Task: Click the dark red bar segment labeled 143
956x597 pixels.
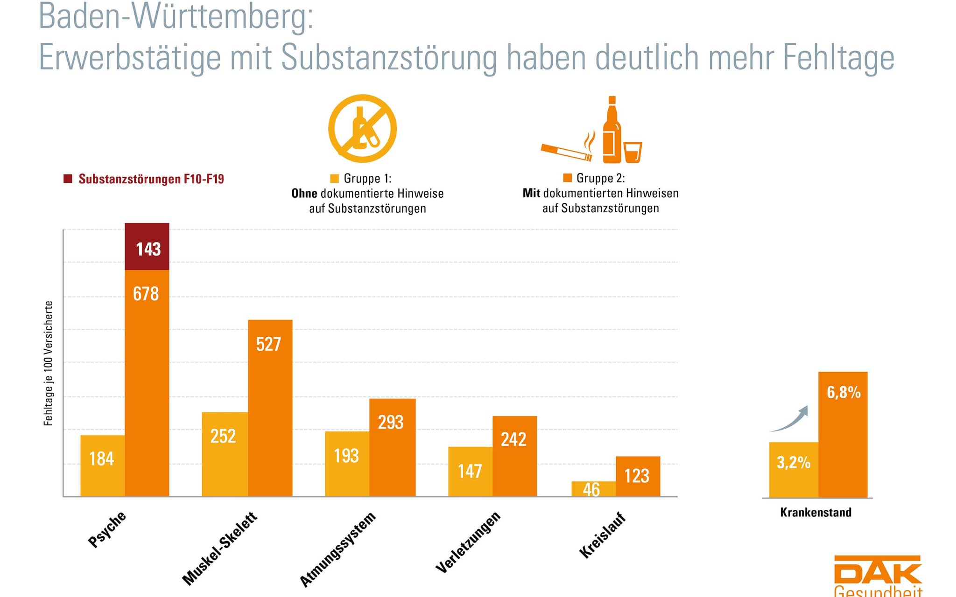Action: coord(147,247)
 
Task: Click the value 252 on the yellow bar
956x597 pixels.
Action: coord(224,437)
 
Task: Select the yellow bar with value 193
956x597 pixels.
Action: coord(347,464)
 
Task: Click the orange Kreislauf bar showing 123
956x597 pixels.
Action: coord(638,476)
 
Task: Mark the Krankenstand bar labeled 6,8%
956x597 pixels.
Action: coord(843,434)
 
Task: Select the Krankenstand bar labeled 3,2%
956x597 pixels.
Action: coord(794,469)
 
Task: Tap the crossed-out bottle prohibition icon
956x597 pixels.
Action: coord(362,128)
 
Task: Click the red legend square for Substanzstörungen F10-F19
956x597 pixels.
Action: coord(68,179)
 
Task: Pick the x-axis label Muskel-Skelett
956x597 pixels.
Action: coord(220,548)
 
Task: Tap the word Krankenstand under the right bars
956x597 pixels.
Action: coord(815,512)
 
